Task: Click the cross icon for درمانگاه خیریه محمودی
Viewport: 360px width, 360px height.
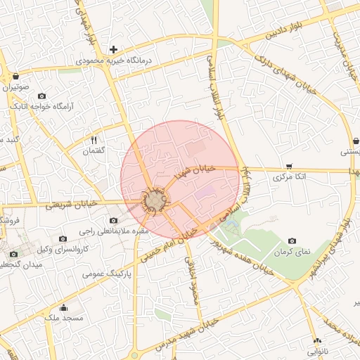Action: [112, 49]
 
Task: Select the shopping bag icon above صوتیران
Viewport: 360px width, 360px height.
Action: [15, 76]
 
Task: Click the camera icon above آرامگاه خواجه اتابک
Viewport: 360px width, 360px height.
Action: [41, 96]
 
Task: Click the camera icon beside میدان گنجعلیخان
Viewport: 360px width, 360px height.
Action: [13, 254]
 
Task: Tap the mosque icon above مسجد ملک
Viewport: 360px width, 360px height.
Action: [64, 307]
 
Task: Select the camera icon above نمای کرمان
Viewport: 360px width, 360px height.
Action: [292, 240]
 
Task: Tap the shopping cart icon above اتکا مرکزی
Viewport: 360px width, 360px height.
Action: [290, 166]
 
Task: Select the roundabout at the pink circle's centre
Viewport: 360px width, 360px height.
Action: [155, 202]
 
